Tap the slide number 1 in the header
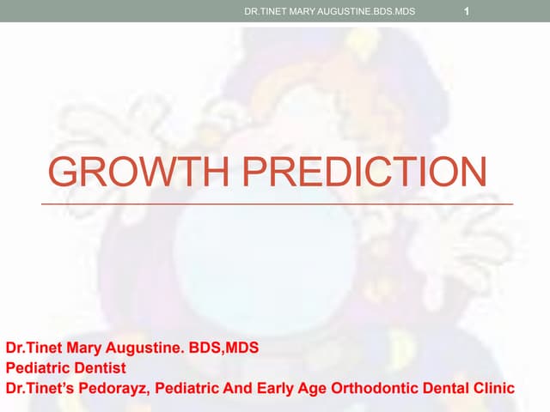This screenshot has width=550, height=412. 465,11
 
